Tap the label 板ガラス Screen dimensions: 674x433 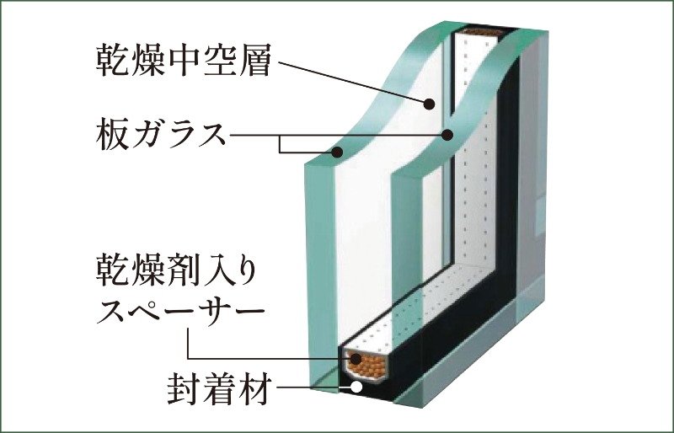click(x=161, y=135)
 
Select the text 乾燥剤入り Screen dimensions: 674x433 click(x=177, y=270)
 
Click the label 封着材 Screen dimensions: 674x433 click(x=220, y=389)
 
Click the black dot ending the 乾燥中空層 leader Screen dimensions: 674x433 click(x=429, y=104)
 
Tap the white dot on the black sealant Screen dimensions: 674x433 click(x=356, y=387)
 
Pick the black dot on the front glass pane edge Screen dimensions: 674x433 click(x=338, y=152)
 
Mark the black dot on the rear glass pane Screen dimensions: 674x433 click(x=447, y=135)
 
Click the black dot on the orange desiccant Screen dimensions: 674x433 click(x=356, y=358)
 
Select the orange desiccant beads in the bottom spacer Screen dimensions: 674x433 click(x=366, y=365)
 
